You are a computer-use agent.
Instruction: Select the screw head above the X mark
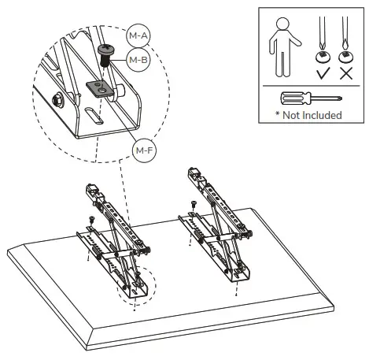point(344,57)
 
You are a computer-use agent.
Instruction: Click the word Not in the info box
point(292,115)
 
